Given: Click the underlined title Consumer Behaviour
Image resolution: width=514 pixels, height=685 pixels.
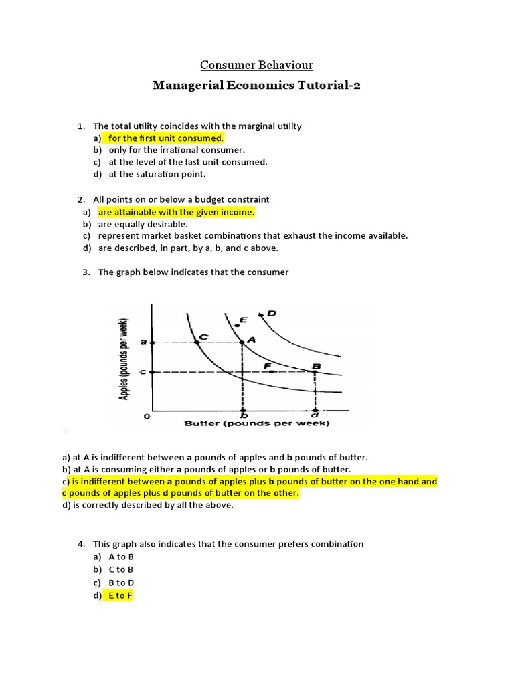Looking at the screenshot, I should point(257,65).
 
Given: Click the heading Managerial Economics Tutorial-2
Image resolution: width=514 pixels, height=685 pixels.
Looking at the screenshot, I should point(257,86).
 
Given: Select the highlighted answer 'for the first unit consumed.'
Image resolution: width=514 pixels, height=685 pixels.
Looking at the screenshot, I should point(165,138).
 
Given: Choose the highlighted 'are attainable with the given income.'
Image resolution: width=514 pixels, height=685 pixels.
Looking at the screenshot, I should point(177,212).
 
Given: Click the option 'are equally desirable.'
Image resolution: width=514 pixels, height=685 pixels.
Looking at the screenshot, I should point(143,224).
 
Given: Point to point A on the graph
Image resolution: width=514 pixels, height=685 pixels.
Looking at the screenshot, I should point(242,342).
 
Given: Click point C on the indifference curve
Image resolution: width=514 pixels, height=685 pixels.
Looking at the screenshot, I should point(196,342).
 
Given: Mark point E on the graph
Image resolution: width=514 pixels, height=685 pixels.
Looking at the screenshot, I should point(236,325).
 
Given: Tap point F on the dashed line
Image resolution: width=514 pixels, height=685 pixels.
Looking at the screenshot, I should point(271,371).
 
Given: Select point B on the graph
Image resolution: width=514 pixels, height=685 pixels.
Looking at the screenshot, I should point(315,371).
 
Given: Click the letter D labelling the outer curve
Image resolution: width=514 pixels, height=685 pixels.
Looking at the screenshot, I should point(272,312).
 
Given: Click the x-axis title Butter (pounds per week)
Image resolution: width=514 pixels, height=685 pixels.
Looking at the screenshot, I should point(257,423).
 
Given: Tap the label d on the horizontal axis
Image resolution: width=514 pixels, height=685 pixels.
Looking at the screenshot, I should point(315,415).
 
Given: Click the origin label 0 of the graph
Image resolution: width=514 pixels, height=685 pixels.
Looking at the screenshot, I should point(147,417).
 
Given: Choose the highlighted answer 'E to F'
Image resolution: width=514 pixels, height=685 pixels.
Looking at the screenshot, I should point(120,595).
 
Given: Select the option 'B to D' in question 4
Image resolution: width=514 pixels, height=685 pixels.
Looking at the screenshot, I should point(121,583).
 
